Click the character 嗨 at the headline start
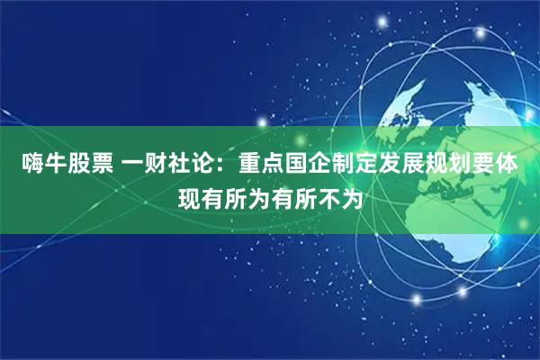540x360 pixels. [34, 165]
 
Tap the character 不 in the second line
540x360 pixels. [334, 195]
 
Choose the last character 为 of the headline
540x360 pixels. [359, 195]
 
